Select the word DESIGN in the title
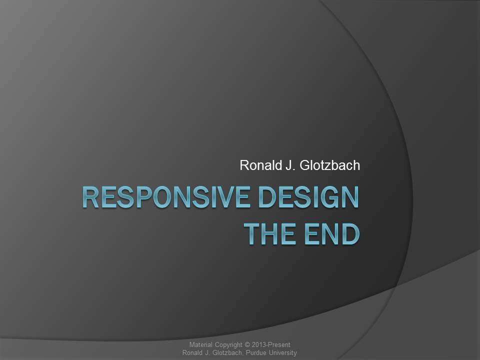tap(308, 197)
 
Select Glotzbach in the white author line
tap(329, 165)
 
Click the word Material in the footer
tap(200, 344)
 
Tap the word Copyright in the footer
tap(228, 345)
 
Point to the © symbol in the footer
tap(247, 344)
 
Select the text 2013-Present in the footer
tap(271, 344)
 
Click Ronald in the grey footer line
tap(192, 353)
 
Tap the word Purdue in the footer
tap(256, 353)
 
